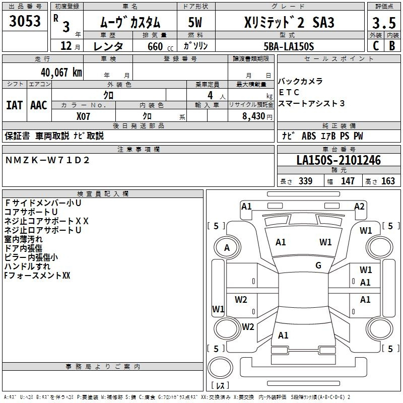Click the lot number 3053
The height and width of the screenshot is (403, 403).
click(25, 21)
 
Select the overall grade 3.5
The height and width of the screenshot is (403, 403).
click(384, 23)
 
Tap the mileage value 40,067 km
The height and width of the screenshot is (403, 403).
click(61, 73)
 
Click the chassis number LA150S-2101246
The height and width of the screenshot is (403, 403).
click(339, 160)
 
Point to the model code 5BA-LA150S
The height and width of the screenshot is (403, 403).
click(289, 46)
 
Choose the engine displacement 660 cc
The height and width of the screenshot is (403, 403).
click(160, 46)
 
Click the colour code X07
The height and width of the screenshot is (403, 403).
click(83, 116)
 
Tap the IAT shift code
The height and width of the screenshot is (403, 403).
click(15, 105)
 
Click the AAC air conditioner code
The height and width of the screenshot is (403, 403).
click(39, 105)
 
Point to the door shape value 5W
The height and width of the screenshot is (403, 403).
click(195, 22)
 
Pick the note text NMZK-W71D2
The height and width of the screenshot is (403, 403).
click(47, 160)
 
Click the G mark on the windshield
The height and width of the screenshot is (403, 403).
click(318, 265)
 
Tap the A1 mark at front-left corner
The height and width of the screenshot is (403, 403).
click(246, 207)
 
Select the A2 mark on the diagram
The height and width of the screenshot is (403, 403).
click(359, 207)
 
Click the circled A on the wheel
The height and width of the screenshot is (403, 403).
click(227, 248)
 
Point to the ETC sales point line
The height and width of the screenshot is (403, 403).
click(289, 92)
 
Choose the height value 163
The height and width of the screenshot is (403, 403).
click(388, 181)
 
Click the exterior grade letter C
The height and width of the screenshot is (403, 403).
click(376, 46)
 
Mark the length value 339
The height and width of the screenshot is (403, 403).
click(305, 181)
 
